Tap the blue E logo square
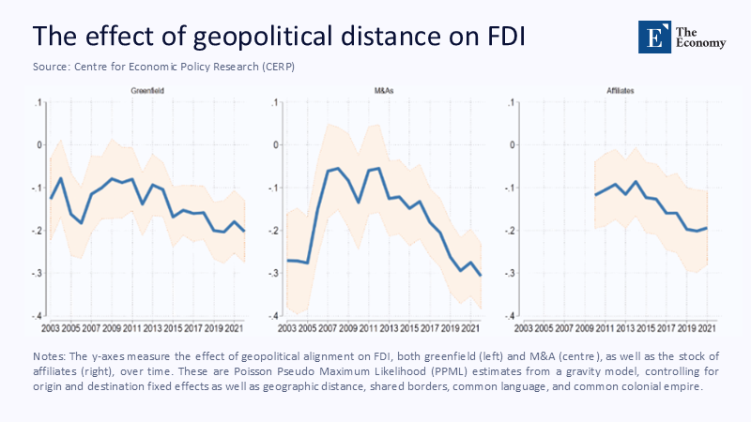pyautogui.click(x=650, y=36)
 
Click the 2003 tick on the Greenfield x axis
pyautogui.click(x=50, y=328)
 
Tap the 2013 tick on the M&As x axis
pyautogui.click(x=387, y=328)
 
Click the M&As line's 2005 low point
pyautogui.click(x=308, y=263)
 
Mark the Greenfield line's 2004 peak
pyautogui.click(x=61, y=178)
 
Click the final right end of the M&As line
pyautogui.click(x=482, y=275)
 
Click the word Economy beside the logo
pyautogui.click(x=699, y=43)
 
